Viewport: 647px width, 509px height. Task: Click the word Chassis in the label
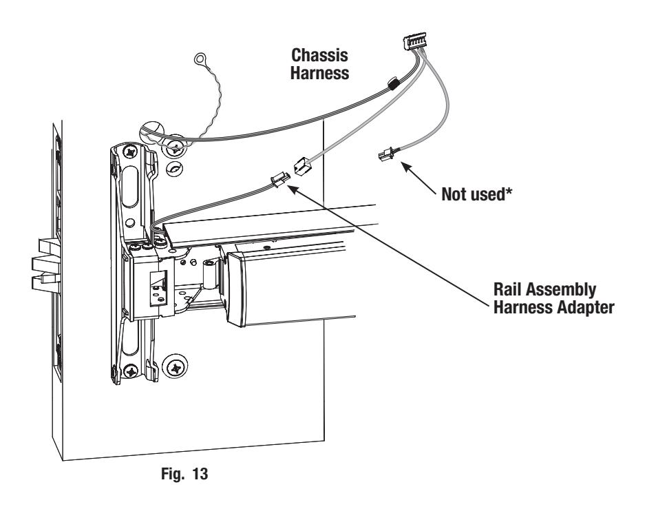tap(319, 55)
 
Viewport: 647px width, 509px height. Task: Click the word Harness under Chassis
tap(319, 73)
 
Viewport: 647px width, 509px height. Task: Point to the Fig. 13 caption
tap(184, 473)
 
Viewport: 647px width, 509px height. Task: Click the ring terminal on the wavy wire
tap(200, 59)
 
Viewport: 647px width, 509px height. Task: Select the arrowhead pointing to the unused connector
tap(406, 167)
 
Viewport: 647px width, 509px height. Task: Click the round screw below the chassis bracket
tap(176, 366)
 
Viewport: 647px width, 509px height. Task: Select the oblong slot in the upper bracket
tap(129, 186)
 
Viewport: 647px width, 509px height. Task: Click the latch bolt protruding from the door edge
tap(46, 262)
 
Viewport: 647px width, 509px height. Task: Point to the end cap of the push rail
tap(235, 290)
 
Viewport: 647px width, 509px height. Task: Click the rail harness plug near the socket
tap(279, 180)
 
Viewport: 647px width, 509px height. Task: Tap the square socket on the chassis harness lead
tap(302, 166)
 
